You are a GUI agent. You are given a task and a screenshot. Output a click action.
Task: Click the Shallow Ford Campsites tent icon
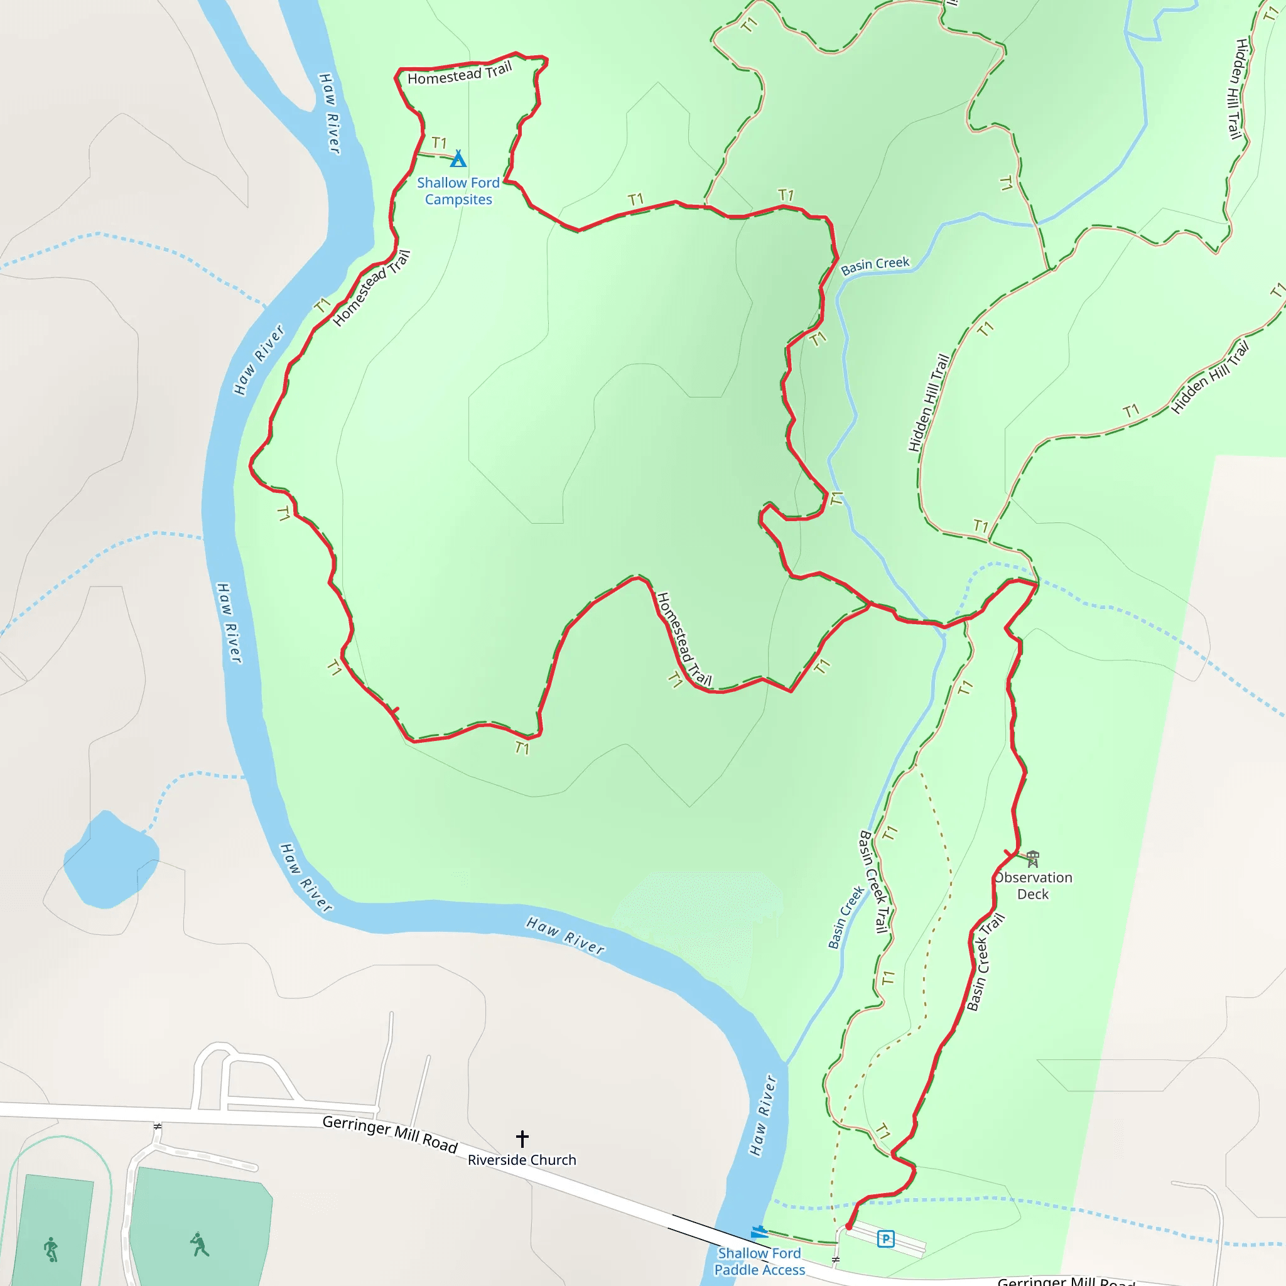click(458, 159)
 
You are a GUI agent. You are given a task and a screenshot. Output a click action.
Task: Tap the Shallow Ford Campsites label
click(458, 191)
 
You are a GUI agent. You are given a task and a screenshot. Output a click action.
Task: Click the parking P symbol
click(885, 1239)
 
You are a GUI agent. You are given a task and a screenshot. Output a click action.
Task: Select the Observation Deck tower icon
click(1032, 858)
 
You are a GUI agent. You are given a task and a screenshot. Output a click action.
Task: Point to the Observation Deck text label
click(1033, 886)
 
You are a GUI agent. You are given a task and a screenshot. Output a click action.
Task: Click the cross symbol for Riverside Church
click(522, 1138)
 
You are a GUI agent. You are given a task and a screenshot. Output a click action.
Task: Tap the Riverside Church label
click(522, 1160)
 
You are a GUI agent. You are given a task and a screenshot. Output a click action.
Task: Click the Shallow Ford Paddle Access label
click(760, 1262)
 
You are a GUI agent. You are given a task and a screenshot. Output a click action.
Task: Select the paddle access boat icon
click(759, 1232)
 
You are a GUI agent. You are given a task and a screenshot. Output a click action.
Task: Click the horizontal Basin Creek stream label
click(875, 266)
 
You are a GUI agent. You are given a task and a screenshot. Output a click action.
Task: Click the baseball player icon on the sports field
click(199, 1244)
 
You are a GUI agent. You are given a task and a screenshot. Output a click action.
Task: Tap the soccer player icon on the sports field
click(51, 1250)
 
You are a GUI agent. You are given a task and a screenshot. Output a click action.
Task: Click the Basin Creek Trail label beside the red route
click(985, 963)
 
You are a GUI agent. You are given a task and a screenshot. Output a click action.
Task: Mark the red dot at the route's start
click(849, 1227)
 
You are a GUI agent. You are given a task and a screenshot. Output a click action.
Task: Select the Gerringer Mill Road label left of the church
click(390, 1134)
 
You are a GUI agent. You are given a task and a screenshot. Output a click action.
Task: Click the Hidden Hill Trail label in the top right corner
click(1238, 89)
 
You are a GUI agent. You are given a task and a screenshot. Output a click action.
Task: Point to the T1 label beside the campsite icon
click(440, 143)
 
